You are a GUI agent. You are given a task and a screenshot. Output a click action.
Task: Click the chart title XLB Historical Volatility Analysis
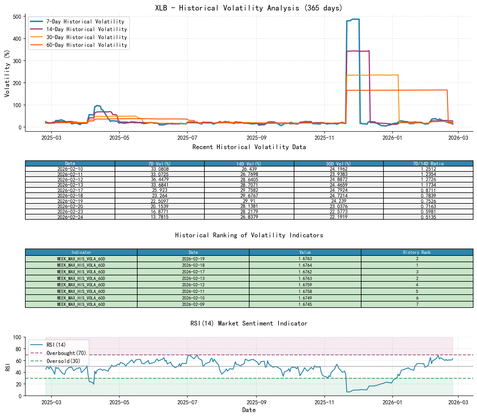tap(249, 8)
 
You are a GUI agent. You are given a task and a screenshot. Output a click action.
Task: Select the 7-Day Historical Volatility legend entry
tap(85, 21)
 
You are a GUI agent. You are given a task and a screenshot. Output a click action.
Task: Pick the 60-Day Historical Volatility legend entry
tap(86, 45)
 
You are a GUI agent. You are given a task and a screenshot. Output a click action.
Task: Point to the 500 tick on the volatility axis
tap(17, 17)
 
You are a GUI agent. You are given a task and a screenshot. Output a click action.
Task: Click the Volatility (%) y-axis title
tap(7, 73)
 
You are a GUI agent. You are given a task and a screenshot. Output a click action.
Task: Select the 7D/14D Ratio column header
tap(428, 163)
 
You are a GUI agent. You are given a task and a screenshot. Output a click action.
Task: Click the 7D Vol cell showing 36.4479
tap(160, 179)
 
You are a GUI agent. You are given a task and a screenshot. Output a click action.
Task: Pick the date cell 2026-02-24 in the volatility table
tap(70, 217)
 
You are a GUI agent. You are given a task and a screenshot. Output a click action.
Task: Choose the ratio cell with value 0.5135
tap(428, 217)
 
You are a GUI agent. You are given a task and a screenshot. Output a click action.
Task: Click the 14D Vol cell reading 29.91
tap(249, 201)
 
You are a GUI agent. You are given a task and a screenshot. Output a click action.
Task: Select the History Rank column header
tap(417, 252)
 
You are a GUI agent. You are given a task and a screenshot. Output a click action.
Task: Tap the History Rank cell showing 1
tap(417, 265)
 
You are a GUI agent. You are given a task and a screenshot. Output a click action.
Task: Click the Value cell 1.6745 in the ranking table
tap(305, 305)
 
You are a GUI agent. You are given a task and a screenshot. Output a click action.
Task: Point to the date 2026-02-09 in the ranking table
tap(193, 305)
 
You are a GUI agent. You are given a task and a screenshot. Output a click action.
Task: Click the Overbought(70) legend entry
tap(66, 353)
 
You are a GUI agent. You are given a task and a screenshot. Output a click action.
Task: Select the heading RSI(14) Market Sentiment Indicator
tap(249, 323)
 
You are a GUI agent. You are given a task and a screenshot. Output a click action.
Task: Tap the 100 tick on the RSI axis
tap(17, 337)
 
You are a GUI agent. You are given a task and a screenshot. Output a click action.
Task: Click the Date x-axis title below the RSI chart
tap(249, 410)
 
